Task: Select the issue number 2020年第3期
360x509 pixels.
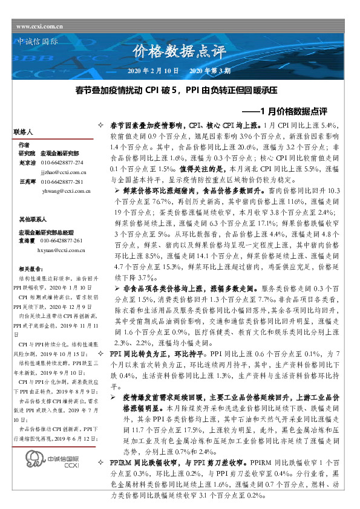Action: click(x=211, y=71)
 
